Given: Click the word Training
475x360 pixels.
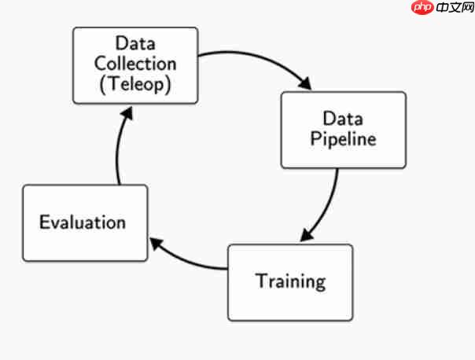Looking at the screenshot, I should pos(290,281).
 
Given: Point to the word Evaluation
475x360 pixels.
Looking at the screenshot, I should pos(83,222).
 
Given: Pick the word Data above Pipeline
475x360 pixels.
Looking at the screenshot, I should pos(343,119).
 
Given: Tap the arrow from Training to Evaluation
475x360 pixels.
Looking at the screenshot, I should pos(189,259).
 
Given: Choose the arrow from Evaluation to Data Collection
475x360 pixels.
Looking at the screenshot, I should pos(118,149).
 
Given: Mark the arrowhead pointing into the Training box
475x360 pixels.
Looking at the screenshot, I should pos(306,236).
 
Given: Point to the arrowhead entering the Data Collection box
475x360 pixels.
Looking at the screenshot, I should pos(126,112).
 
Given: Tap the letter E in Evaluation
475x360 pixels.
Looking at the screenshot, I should pos(45,222).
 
